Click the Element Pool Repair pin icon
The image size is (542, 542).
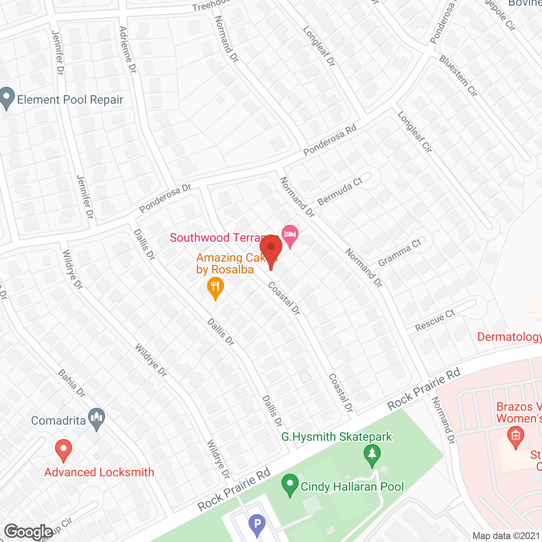pos(6,98)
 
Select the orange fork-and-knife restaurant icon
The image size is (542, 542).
pos(215,288)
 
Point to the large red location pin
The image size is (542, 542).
pos(271,249)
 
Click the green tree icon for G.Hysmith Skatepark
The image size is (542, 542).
pos(372,455)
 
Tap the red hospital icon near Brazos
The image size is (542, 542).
pos(515,437)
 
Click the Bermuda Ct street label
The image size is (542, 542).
pos(340,191)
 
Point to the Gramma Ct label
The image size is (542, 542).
pos(400,252)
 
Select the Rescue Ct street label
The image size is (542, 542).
pos(435,320)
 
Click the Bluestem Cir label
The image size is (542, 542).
pos(459,76)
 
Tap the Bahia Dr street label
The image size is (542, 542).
pos(72,383)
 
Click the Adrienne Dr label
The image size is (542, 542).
pos(128,50)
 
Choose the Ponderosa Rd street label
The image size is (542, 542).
pos(330,140)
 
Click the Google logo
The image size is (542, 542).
pos(29,532)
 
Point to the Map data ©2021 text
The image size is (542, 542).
pos(506,536)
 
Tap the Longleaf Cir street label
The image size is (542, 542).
pos(415,132)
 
